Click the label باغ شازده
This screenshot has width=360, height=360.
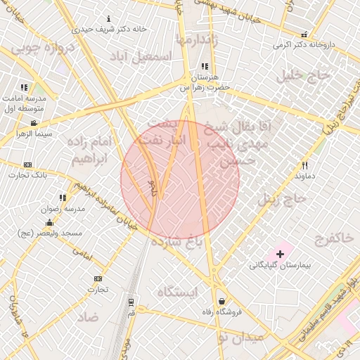(199, 243)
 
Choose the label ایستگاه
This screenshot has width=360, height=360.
(177, 291)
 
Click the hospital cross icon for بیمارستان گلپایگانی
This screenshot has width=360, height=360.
(281, 253)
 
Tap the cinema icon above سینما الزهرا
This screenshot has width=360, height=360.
(34, 123)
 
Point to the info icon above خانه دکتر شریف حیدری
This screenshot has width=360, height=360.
(108, 19)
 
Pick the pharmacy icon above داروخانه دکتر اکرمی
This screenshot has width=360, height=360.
(304, 34)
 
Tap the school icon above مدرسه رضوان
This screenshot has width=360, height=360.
(63, 198)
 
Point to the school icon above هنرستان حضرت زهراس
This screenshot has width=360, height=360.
(205, 66)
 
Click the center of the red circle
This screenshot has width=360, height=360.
(180, 179)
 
